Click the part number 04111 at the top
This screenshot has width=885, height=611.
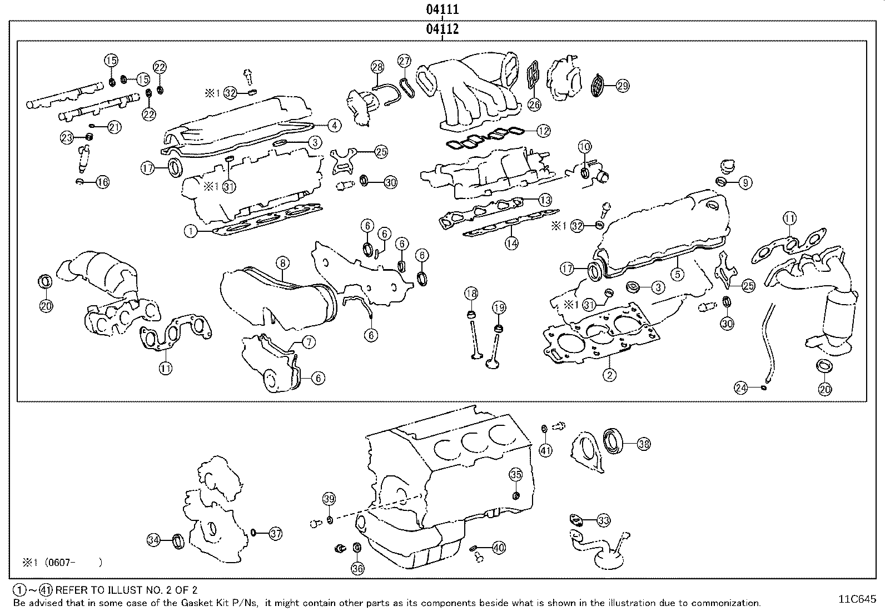(x=442, y=9)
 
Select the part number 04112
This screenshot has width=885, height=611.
(x=442, y=29)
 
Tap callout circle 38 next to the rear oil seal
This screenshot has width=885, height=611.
(x=644, y=444)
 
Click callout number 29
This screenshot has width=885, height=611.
(x=622, y=86)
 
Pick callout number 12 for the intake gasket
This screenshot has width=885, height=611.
(x=543, y=131)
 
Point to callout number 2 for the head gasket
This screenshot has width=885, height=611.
(x=609, y=375)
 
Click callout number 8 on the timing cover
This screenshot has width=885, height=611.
(x=282, y=262)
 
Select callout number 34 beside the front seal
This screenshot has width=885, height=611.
(x=154, y=539)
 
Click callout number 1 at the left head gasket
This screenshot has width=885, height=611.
(x=191, y=231)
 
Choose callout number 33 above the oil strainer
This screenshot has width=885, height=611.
(x=603, y=520)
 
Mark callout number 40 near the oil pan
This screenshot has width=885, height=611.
(x=499, y=548)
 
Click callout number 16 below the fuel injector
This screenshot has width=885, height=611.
(x=103, y=181)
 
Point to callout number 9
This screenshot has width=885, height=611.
(x=745, y=182)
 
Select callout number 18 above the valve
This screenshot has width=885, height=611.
(x=471, y=294)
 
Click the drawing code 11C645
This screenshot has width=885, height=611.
(x=857, y=599)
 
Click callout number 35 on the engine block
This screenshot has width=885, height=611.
(x=516, y=474)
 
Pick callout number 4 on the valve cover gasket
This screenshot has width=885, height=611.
(x=334, y=126)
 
